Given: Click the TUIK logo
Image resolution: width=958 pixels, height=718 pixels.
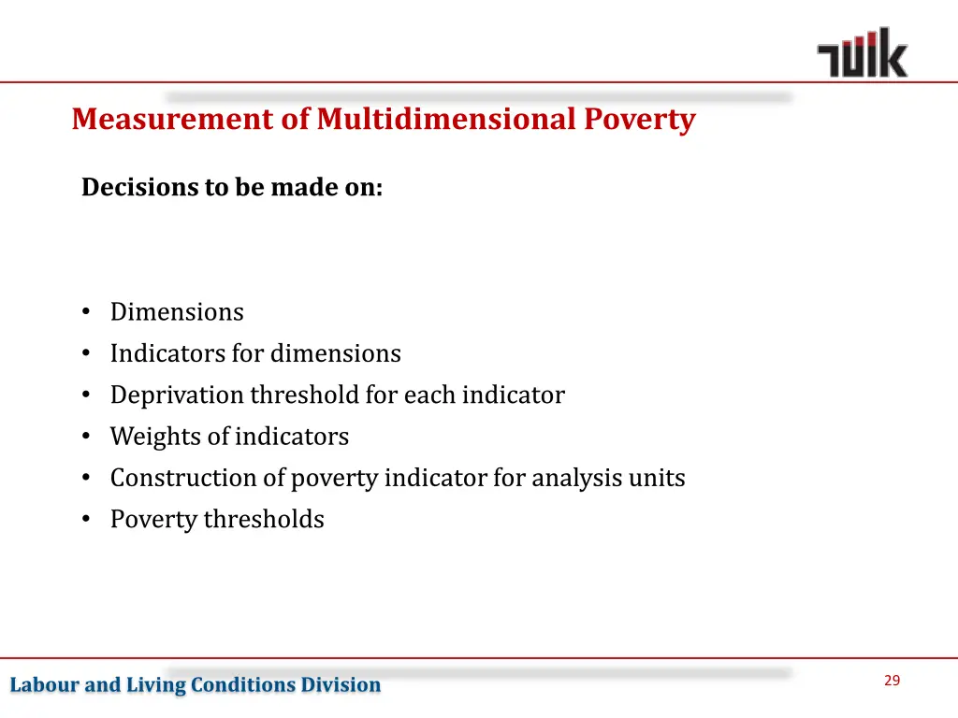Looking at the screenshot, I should tap(862, 52).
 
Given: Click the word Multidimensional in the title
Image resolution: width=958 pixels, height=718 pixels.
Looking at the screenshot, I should tap(446, 120).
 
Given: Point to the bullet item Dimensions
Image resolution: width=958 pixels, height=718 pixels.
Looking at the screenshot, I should tap(177, 312).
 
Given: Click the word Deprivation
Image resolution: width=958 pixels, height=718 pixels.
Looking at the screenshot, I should tap(177, 395).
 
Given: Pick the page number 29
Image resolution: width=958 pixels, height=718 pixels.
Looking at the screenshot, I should tap(892, 681).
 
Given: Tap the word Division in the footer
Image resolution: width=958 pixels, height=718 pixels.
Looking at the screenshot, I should tap(341, 685).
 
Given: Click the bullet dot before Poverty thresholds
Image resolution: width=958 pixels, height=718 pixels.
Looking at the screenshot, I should tap(86, 520).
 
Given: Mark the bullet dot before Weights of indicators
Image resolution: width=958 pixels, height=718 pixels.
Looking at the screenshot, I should tap(86, 437).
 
